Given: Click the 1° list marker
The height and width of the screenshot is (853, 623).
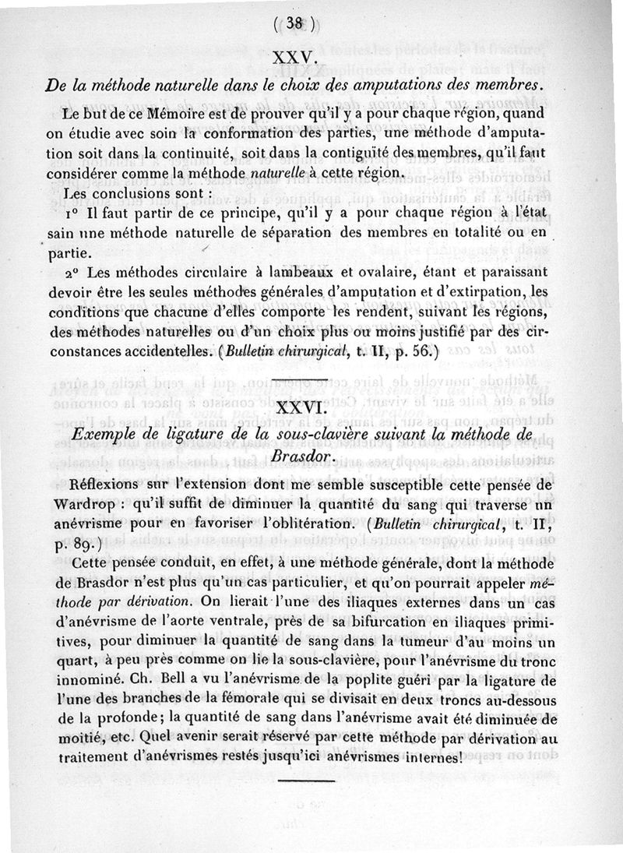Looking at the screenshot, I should [x=73, y=213].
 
